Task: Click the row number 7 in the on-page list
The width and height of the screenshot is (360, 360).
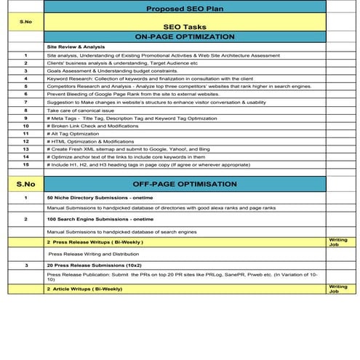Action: point(25,102)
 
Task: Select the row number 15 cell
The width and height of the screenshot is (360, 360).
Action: point(25,164)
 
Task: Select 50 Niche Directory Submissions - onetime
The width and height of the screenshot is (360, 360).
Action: point(98,198)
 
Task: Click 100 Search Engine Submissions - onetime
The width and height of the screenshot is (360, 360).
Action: point(100,219)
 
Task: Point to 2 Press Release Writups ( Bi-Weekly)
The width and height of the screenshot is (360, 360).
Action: point(95,241)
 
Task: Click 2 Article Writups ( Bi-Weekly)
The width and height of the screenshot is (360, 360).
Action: point(84,289)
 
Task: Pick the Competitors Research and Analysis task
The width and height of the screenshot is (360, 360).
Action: point(178,86)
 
